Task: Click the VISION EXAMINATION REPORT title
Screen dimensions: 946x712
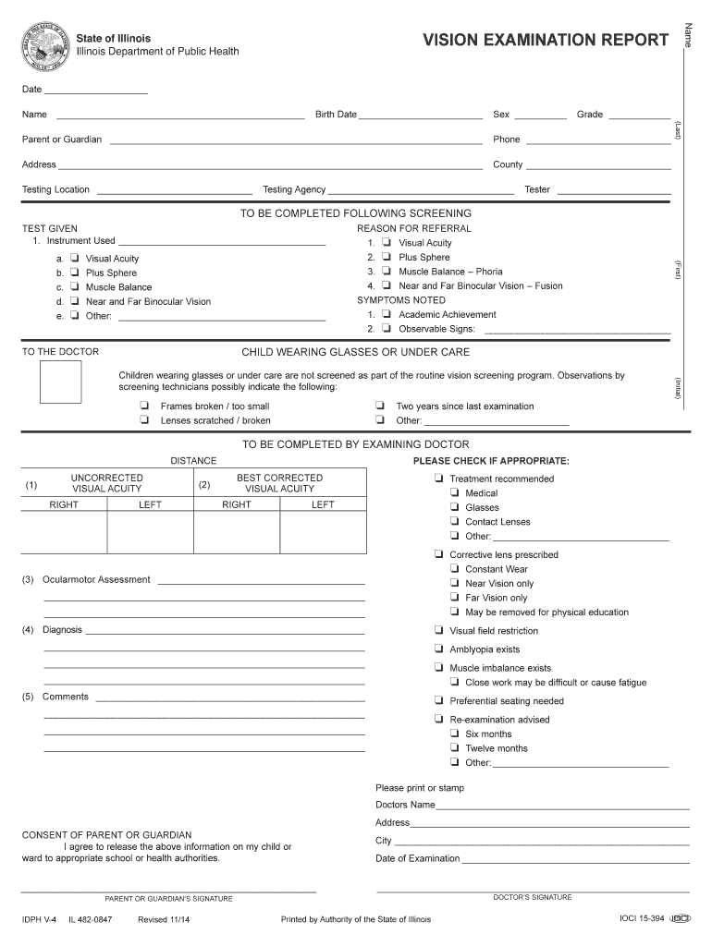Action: (x=546, y=40)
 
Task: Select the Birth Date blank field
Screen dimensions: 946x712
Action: (x=421, y=115)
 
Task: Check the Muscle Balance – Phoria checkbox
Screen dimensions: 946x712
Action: (x=387, y=272)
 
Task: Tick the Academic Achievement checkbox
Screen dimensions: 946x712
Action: (x=387, y=314)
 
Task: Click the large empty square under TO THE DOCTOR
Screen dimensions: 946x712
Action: (x=60, y=382)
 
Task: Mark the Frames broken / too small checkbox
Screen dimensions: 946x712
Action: (x=145, y=406)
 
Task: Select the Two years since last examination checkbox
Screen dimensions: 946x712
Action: (x=380, y=406)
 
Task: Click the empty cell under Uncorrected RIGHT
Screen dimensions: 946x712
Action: (x=64, y=531)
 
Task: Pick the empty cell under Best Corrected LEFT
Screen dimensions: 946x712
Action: (x=323, y=531)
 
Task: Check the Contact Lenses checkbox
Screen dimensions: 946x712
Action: (x=454, y=522)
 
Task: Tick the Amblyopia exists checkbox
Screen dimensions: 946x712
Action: (x=438, y=649)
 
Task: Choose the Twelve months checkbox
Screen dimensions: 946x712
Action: (x=454, y=748)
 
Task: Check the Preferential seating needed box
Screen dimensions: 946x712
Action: (x=438, y=700)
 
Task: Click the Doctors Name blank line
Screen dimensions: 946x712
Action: (x=563, y=807)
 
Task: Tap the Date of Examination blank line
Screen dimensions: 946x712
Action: (x=575, y=860)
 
